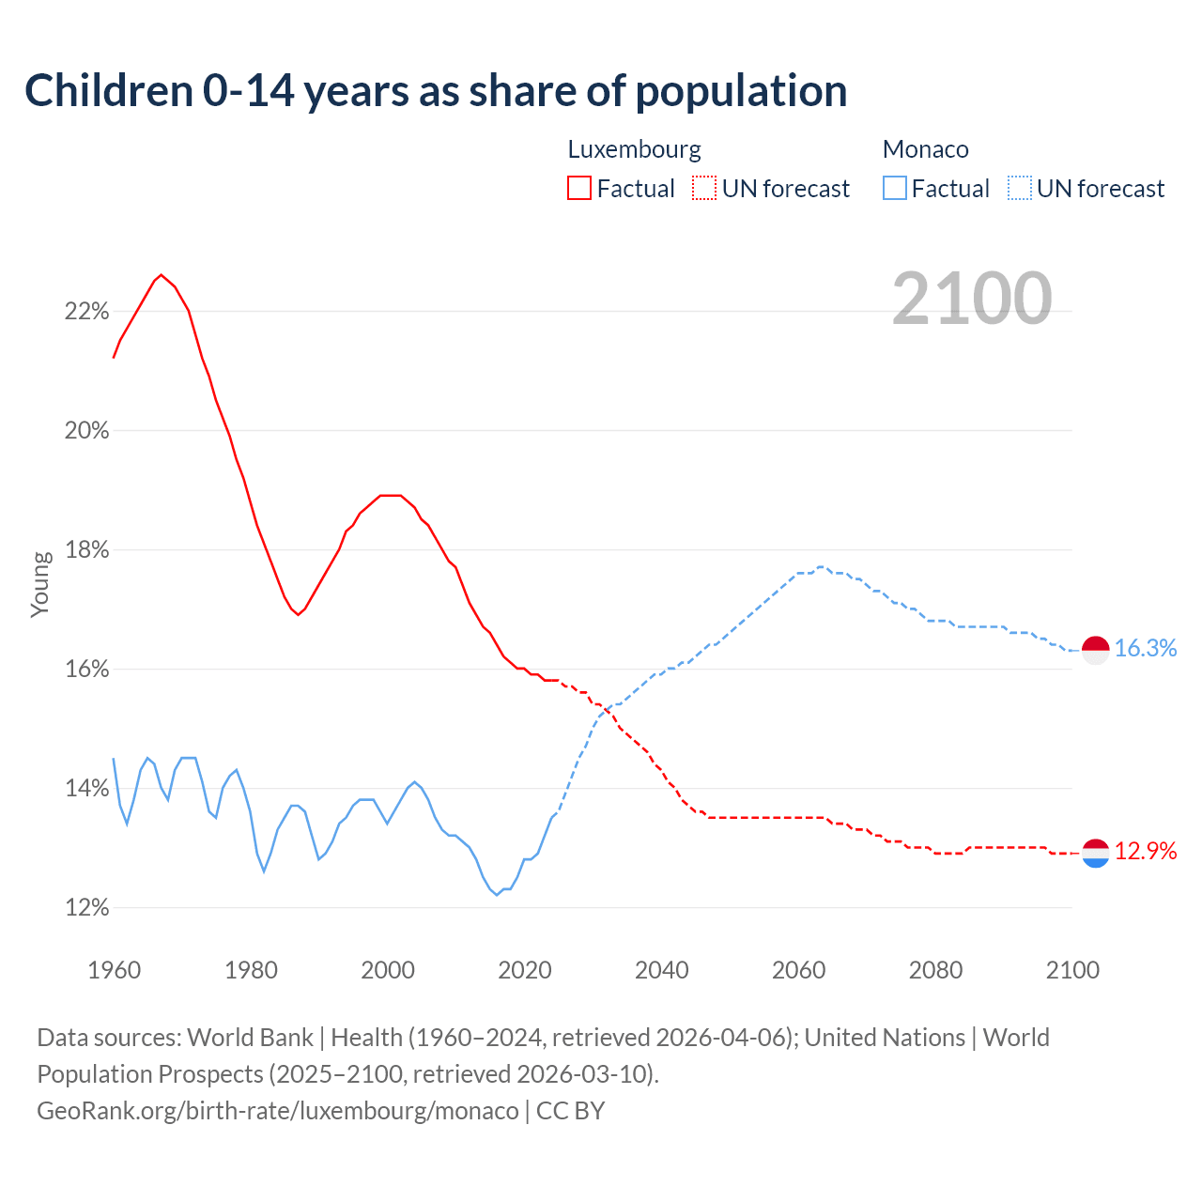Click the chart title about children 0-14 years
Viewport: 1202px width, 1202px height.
click(x=436, y=91)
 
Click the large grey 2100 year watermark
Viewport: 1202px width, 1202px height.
click(x=971, y=299)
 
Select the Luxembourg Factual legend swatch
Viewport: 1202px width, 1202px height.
click(x=579, y=189)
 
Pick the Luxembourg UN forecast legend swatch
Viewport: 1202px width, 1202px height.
click(x=704, y=189)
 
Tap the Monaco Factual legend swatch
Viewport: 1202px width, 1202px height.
click(x=894, y=189)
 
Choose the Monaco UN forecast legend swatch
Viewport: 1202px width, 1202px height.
click(x=1019, y=189)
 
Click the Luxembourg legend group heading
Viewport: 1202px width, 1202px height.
click(x=634, y=149)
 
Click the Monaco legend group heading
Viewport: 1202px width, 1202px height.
click(x=925, y=149)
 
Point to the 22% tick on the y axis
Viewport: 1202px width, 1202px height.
click(x=86, y=312)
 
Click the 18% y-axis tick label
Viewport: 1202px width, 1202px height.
click(x=86, y=550)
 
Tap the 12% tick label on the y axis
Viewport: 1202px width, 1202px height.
click(x=86, y=908)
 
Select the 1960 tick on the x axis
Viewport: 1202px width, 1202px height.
click(x=114, y=970)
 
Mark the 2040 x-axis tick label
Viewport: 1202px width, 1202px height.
click(x=661, y=970)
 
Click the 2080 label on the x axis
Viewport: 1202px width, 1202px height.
click(x=935, y=970)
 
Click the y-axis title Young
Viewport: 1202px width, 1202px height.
click(x=40, y=584)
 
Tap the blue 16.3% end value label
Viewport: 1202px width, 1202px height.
click(x=1145, y=649)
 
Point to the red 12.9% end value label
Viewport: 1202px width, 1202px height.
click(x=1145, y=852)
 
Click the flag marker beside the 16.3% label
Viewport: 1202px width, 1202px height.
click(x=1096, y=650)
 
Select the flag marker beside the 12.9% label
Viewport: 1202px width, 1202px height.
click(x=1096, y=853)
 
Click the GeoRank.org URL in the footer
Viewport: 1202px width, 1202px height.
click(x=277, y=1111)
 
